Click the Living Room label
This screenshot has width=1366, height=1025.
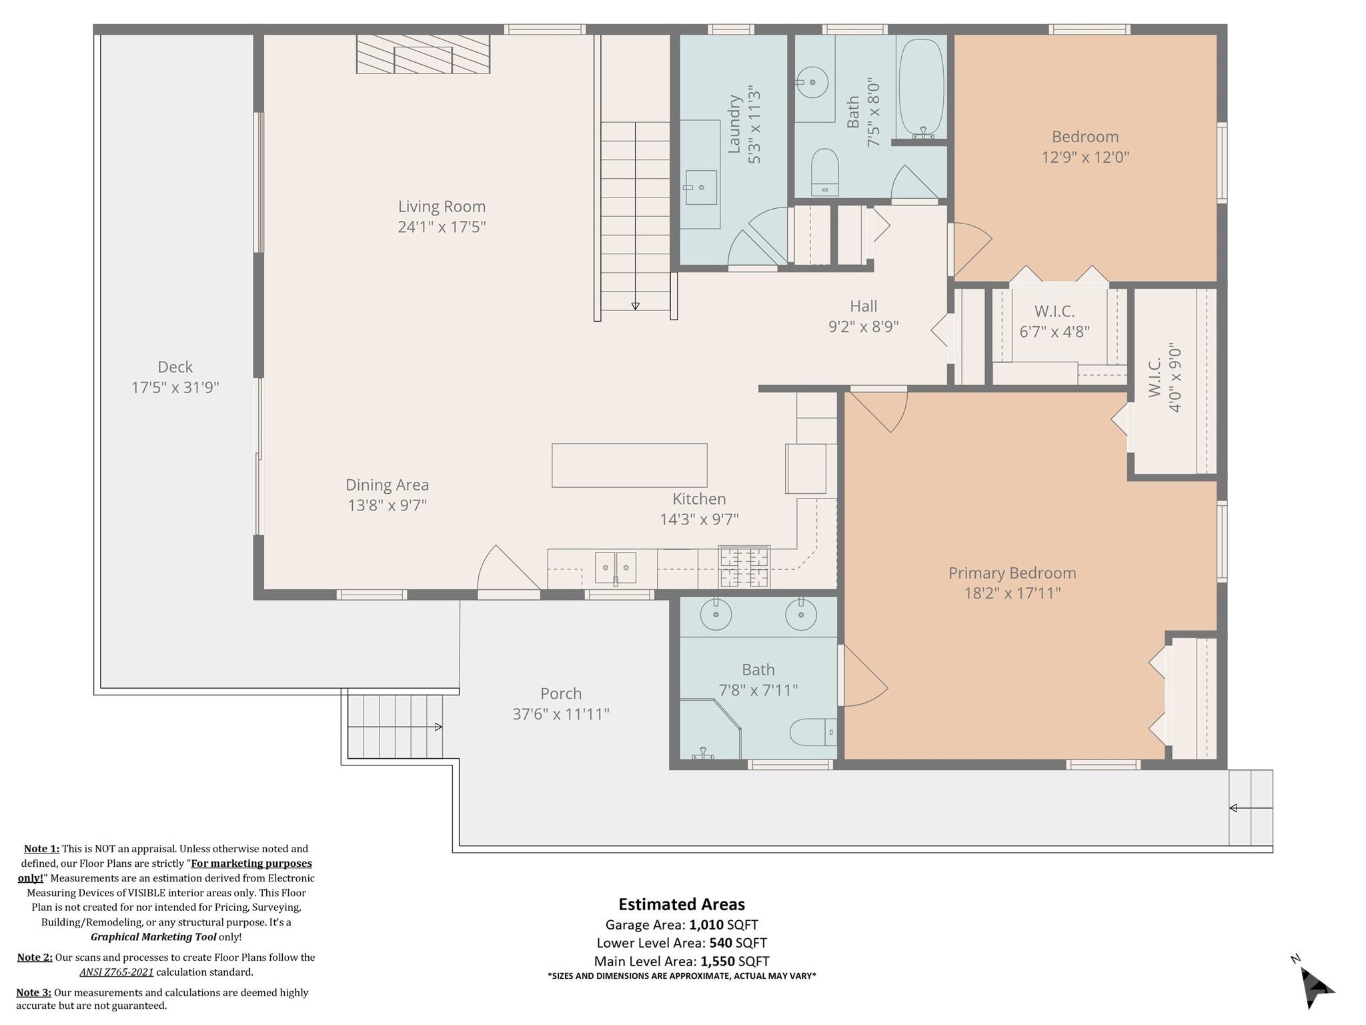coord(442,207)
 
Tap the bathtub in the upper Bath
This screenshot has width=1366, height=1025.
coord(921,87)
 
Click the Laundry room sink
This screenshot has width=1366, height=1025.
coord(700,188)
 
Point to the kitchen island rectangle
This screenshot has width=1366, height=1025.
coord(629,465)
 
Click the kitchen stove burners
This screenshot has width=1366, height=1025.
coord(744,567)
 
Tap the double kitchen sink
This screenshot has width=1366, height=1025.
coord(615,568)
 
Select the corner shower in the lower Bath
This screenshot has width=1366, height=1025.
coord(708,730)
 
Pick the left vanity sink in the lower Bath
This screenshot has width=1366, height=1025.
coord(715,615)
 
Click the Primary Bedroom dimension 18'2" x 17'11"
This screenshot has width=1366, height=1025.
coord(1012,593)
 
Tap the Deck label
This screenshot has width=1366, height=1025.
coord(175,367)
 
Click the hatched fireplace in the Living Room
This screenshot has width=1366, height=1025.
coord(423,54)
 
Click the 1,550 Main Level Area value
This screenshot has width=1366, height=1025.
coord(717,962)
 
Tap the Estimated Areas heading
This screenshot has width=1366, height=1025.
coord(681,904)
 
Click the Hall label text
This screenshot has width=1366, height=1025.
coord(863,306)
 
